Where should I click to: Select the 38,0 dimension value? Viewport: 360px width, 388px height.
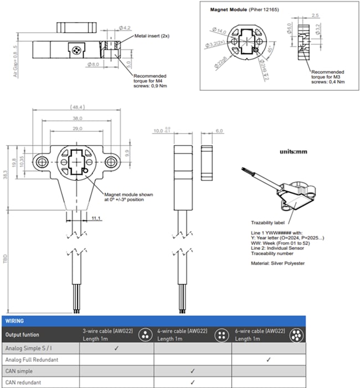(76, 118)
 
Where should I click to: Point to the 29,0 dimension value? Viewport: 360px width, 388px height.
(76, 129)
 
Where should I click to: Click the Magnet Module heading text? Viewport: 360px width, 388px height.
(230, 10)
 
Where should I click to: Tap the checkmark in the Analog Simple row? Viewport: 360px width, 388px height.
(117, 348)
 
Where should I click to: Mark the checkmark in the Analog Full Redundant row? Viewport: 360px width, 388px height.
(268, 359)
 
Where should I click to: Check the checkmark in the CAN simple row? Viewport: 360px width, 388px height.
(192, 370)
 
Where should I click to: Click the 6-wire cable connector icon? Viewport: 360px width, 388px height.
(296, 334)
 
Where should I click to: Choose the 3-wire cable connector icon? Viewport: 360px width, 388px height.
(145, 334)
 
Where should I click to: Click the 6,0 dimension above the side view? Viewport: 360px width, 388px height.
(219, 131)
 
